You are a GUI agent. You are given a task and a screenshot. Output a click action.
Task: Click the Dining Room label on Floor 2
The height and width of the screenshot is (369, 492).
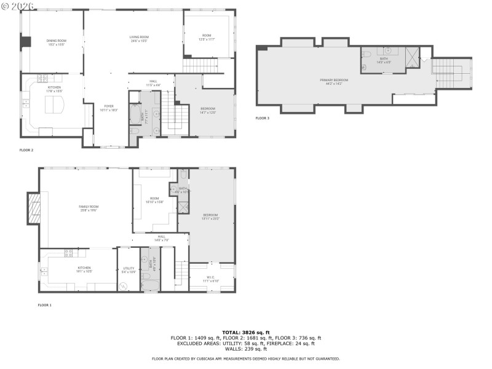[56, 42]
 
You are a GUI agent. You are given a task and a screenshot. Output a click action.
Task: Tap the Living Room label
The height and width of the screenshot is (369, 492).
[139, 39]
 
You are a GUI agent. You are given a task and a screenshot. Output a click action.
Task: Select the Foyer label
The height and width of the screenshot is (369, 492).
[109, 108]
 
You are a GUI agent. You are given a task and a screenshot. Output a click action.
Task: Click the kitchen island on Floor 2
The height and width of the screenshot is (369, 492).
[56, 105]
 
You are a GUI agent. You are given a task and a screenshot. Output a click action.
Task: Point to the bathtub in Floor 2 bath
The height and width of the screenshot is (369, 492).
[135, 114]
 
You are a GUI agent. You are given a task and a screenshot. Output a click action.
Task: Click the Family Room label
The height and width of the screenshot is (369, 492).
[89, 208]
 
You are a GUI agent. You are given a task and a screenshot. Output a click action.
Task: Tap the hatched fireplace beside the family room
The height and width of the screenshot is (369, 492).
[34, 208]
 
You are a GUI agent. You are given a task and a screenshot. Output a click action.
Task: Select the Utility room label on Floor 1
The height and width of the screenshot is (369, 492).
[129, 270]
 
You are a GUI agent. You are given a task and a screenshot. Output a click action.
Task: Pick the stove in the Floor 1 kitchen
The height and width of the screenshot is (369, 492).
[68, 252]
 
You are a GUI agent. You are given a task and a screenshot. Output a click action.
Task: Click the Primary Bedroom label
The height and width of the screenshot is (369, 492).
[334, 81]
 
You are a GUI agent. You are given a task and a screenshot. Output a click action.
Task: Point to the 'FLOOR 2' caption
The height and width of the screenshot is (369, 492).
[26, 149]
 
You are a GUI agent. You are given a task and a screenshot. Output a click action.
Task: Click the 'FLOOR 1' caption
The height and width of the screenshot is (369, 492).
[44, 305]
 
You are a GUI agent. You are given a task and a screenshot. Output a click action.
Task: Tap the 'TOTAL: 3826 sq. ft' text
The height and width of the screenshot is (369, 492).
[245, 332]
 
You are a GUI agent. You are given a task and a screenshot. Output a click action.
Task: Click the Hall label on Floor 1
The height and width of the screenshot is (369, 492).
[161, 237]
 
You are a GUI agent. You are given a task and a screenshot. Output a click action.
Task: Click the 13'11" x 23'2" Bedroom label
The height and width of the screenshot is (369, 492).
[211, 216]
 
